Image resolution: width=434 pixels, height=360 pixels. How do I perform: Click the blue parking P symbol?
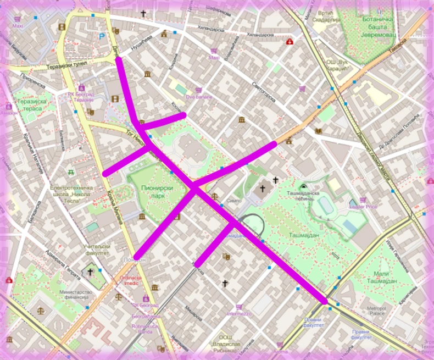(102, 36)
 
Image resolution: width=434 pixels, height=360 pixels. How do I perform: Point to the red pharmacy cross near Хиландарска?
(290, 41)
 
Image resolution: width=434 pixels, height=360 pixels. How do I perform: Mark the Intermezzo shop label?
(238, 314)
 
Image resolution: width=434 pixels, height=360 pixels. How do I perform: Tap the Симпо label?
(233, 201)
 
